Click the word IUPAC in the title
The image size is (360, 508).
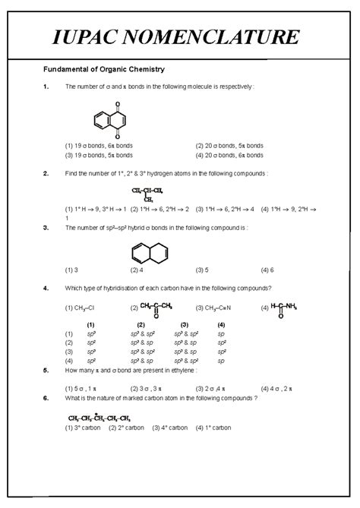click(x=93, y=36)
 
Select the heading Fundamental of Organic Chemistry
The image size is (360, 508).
click(x=103, y=70)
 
